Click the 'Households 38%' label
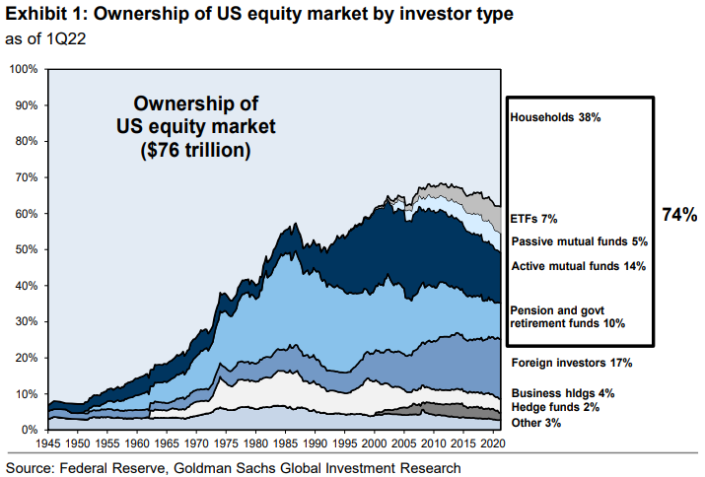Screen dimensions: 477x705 click(x=555, y=117)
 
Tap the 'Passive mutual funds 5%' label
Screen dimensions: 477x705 click(x=581, y=241)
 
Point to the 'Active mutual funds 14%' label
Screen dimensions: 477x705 click(x=578, y=266)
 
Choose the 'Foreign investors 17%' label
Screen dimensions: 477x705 click(x=572, y=364)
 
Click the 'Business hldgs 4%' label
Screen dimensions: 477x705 click(x=563, y=392)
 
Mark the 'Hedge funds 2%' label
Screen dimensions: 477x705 click(x=556, y=407)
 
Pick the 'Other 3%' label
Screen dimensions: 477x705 click(x=538, y=423)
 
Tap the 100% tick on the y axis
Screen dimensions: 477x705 click(x=22, y=69)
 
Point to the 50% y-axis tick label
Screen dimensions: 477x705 click(x=25, y=249)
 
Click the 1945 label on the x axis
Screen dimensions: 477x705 click(x=49, y=444)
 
